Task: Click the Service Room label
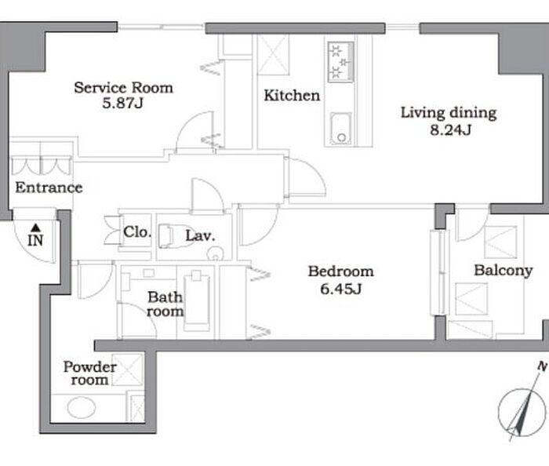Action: point(124,88)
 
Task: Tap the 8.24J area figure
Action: point(451,130)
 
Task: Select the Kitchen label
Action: point(292,96)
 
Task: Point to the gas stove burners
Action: point(340,62)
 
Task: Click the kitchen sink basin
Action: point(340,128)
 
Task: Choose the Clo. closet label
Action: point(137,231)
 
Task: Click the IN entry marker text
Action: point(35,241)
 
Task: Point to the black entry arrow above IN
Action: point(35,228)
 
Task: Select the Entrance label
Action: point(49,188)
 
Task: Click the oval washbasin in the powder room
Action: point(82,407)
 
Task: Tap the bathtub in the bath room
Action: point(197,300)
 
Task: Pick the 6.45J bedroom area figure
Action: point(340,289)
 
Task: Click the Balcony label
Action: point(504,271)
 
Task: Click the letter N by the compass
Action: point(543,366)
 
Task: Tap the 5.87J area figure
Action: point(123,104)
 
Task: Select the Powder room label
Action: point(90,373)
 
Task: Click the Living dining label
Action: point(449,113)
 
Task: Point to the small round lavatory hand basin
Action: point(215,253)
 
